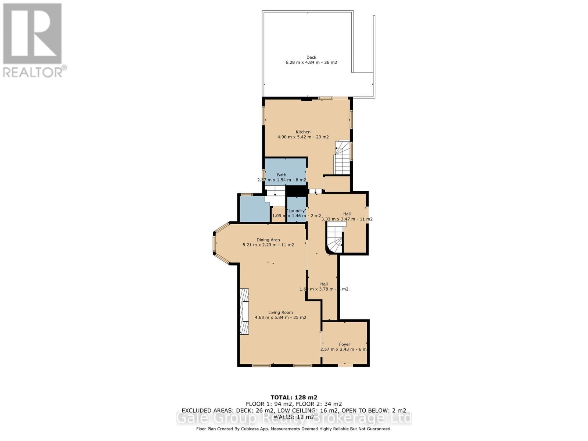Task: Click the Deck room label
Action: point(311,57)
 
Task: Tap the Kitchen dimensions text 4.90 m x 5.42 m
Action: point(303,137)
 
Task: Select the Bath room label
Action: point(282,175)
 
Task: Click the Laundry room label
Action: point(296,211)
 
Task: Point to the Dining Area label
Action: point(268,240)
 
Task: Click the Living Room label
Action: point(280,313)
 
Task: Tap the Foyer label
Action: point(344,344)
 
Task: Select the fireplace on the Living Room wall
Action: point(244,312)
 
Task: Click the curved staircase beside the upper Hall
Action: point(335,240)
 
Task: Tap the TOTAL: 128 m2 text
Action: point(294,397)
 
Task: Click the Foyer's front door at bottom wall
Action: point(345,365)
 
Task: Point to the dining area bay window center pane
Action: point(214,243)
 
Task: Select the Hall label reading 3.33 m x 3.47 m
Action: point(347,216)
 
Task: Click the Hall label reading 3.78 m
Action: point(324,287)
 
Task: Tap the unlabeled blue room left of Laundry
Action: point(254,210)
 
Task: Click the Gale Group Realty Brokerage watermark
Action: point(294,418)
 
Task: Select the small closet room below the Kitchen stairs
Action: point(337,184)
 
